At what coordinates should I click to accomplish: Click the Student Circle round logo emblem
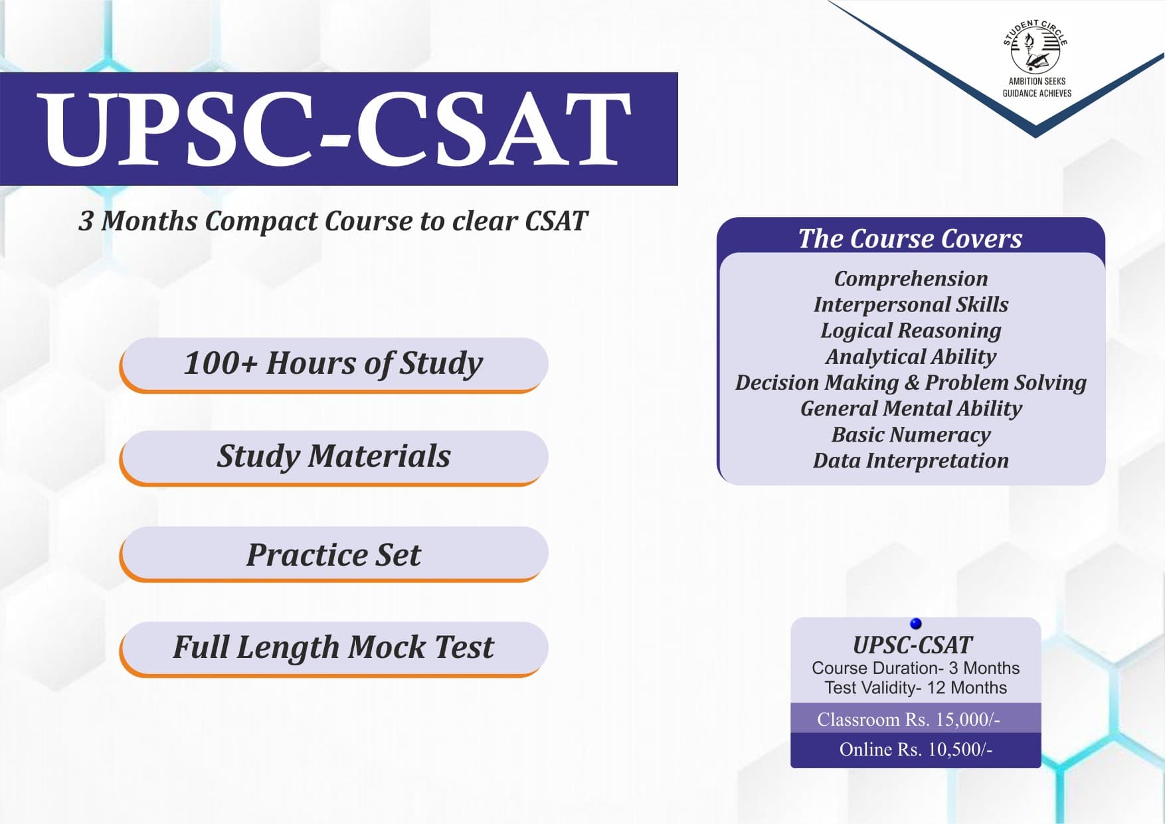tap(1035, 48)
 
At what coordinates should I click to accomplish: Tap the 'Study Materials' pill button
tap(334, 456)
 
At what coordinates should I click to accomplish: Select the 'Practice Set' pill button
tap(334, 554)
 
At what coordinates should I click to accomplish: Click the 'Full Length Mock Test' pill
tap(334, 647)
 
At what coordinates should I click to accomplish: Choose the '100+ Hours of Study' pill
tap(334, 363)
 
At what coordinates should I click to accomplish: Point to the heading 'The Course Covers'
tap(910, 238)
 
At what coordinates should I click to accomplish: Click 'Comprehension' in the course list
tap(911, 278)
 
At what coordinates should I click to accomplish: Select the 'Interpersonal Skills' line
tap(911, 304)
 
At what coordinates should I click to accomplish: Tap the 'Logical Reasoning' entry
tap(911, 330)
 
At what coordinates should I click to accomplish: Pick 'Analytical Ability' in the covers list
tap(911, 357)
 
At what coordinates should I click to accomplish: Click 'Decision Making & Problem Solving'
tap(911, 382)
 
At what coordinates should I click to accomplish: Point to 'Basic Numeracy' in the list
tap(911, 434)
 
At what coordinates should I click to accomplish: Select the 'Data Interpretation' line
tap(911, 460)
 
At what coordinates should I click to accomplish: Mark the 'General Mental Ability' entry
tap(911, 408)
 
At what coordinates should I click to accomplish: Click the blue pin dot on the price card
tap(915, 623)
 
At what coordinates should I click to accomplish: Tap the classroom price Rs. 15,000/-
tap(909, 719)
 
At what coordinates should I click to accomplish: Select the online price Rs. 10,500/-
tap(915, 749)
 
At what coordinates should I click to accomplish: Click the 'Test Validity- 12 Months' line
tap(915, 688)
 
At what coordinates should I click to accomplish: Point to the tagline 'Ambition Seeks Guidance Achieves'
tap(1037, 87)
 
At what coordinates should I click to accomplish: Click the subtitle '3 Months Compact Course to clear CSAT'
tap(333, 221)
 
